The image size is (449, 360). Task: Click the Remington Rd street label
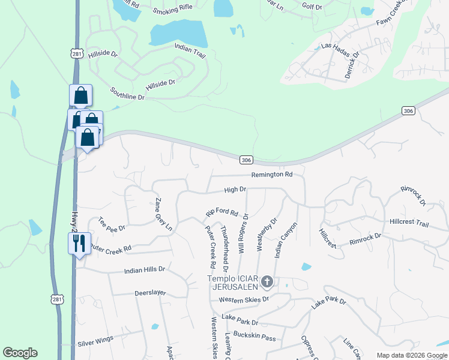point(271,175)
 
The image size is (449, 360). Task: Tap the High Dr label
point(235,190)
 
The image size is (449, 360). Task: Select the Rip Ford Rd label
point(222,213)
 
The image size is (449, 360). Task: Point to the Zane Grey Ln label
point(164,214)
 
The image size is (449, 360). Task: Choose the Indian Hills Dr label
point(144,270)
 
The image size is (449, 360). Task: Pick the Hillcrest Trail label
point(409,223)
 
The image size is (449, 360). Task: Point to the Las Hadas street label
point(335,46)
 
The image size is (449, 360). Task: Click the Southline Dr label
point(127,93)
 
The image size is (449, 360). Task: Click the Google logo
point(20,353)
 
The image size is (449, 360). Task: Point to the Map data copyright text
point(412,355)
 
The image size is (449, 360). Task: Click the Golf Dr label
point(313,6)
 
